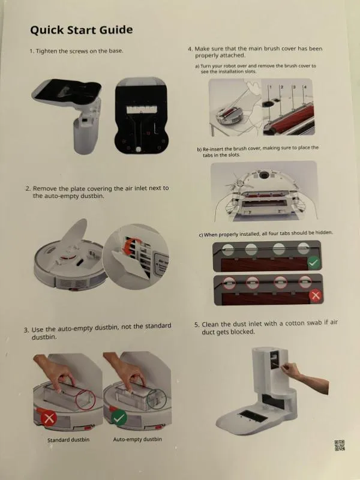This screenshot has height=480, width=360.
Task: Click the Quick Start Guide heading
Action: [82, 30]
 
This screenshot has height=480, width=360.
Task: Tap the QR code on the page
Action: [340, 445]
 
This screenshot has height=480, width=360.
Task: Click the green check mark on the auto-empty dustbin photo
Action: [119, 418]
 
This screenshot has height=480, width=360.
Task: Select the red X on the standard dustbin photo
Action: [49, 418]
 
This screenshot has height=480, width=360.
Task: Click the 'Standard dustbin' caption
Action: [68, 440]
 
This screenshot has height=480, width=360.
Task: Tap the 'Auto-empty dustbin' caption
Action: [137, 439]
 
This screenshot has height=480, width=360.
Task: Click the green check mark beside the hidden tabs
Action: [314, 263]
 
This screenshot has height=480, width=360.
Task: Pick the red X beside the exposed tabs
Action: [316, 296]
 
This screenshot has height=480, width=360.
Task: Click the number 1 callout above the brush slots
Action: [271, 87]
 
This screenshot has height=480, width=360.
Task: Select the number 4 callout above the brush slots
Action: [305, 87]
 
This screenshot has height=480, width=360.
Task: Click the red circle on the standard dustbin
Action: [85, 400]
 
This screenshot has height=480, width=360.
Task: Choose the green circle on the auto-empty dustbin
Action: [157, 398]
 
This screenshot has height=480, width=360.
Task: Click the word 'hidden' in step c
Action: [323, 233]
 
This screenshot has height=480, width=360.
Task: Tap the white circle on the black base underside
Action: [139, 149]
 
